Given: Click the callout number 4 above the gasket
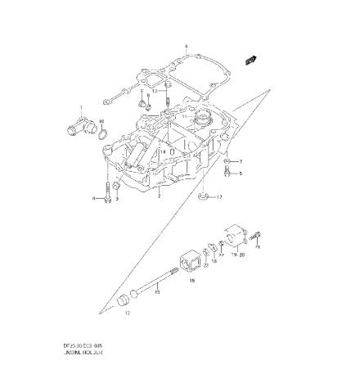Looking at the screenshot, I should pos(187,47).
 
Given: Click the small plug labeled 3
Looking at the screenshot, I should pos(143,105).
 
